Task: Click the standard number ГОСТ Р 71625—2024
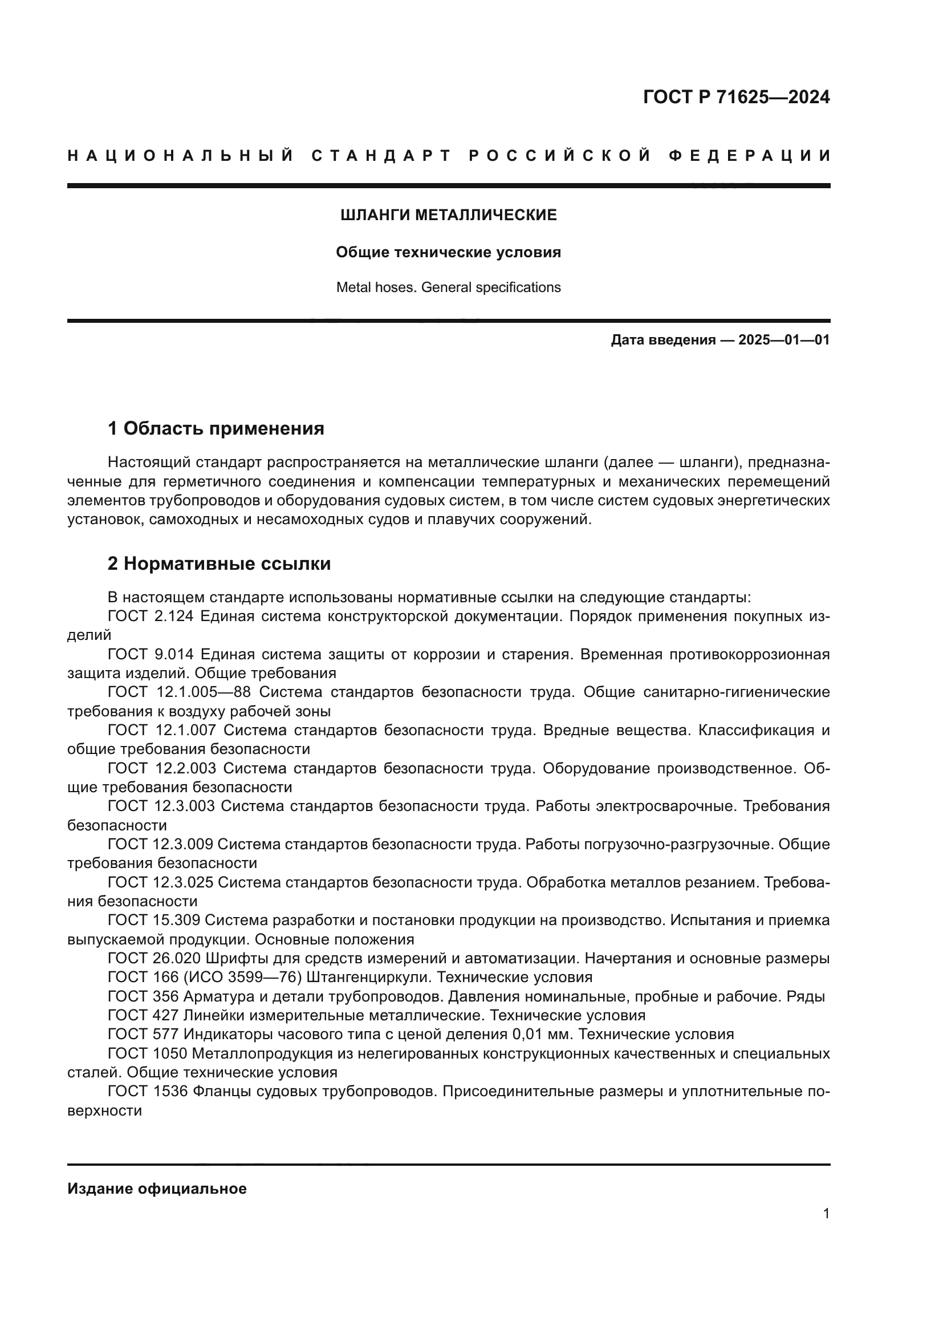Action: [x=736, y=97]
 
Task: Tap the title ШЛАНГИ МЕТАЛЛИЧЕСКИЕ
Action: [x=448, y=216]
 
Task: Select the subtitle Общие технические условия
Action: [x=448, y=253]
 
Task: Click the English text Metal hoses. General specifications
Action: [x=448, y=287]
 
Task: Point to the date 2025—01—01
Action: [x=784, y=340]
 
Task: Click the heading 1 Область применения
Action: [x=216, y=429]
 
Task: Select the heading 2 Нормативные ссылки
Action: [x=219, y=564]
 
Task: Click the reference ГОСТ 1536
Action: [x=148, y=1092]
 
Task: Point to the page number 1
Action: [x=826, y=1214]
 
